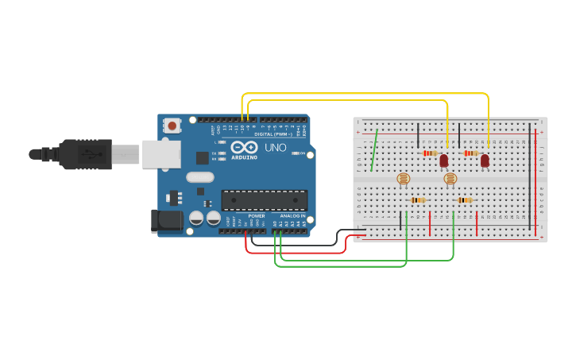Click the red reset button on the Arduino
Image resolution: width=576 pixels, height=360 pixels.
(172, 126)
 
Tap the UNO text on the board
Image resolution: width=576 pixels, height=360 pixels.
(275, 148)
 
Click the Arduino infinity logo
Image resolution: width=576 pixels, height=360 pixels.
(243, 147)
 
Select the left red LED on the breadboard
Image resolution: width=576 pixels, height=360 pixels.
(443, 161)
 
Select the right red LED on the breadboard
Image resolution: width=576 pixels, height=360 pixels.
(485, 161)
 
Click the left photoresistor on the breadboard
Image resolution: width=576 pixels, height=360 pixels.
(403, 179)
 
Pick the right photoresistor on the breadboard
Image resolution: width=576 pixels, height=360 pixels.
(450, 179)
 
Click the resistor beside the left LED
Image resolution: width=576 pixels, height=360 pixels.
(429, 153)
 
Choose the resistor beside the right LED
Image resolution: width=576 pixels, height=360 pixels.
(470, 153)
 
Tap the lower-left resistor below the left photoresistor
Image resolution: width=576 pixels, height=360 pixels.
(418, 200)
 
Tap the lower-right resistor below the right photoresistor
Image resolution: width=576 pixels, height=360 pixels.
(465, 200)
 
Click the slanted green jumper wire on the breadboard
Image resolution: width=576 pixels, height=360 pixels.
(374, 150)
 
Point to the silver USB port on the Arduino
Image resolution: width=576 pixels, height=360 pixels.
(161, 154)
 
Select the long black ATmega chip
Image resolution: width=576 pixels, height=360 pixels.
(264, 202)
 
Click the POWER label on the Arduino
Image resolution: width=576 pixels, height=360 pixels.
(257, 216)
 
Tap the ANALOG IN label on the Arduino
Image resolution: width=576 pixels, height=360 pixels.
(292, 216)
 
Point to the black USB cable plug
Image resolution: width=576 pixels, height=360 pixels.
(83, 154)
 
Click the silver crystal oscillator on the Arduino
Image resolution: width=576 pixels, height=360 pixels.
(200, 178)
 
